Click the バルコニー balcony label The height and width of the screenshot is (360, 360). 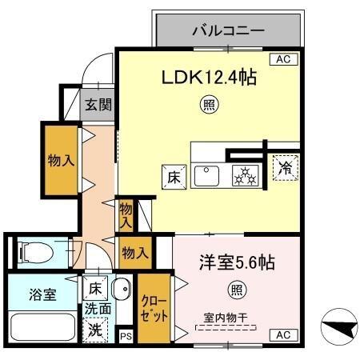(x=227, y=33)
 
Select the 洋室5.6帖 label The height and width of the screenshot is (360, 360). (x=237, y=262)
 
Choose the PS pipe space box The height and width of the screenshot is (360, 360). (x=126, y=337)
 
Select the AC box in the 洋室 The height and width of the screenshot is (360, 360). (x=282, y=335)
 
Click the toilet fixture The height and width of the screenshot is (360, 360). (x=35, y=253)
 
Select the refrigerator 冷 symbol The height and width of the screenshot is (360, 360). (x=284, y=169)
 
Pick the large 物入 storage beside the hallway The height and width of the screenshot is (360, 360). (x=60, y=160)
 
